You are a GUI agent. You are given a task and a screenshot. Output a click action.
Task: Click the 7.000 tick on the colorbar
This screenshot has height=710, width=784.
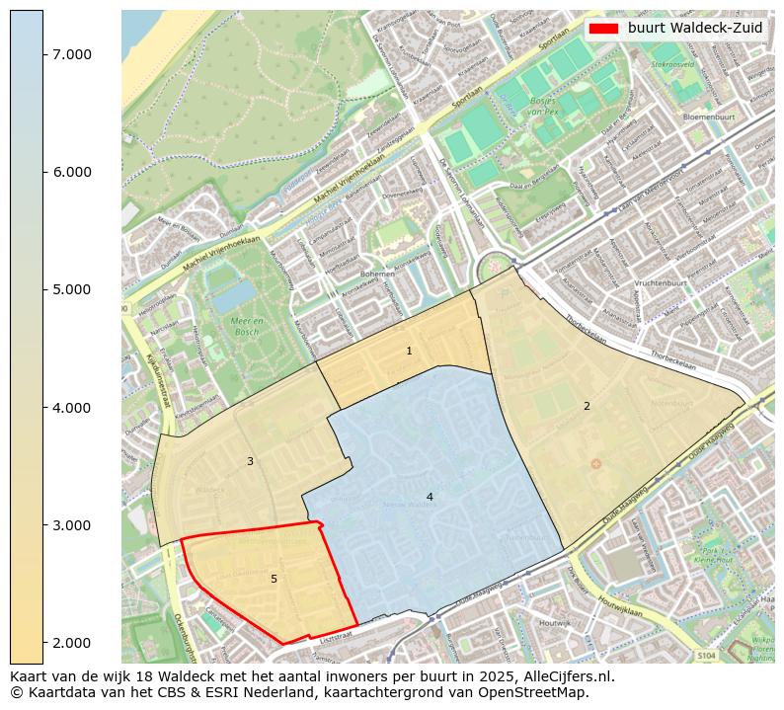click(72, 54)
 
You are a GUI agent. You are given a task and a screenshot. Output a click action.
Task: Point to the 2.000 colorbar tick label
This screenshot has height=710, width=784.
click(72, 643)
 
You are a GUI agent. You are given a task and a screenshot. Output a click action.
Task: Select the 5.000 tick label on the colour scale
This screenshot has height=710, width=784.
click(72, 289)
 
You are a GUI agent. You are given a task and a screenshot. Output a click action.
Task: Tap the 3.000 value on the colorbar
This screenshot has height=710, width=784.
click(72, 525)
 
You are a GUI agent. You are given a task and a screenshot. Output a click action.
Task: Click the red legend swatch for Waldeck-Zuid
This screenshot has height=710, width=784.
click(602, 28)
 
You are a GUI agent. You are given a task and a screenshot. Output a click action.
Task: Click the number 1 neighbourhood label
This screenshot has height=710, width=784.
click(409, 352)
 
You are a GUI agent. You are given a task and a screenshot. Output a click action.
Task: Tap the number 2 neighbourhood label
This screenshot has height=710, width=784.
click(587, 406)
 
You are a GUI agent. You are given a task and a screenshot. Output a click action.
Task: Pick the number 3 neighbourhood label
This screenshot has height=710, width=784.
click(250, 461)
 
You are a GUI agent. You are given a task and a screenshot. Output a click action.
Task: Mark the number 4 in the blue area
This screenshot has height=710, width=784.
click(430, 497)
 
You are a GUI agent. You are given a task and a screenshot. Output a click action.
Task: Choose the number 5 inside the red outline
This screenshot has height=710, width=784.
click(274, 579)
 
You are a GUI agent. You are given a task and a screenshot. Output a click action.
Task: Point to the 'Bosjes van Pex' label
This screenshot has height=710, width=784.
click(543, 108)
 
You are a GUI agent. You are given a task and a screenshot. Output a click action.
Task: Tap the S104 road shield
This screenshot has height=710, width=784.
click(706, 655)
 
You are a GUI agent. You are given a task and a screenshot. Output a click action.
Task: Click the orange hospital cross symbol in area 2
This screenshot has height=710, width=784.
click(595, 463)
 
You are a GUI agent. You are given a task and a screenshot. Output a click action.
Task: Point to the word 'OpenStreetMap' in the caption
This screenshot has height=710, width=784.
click(540, 692)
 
